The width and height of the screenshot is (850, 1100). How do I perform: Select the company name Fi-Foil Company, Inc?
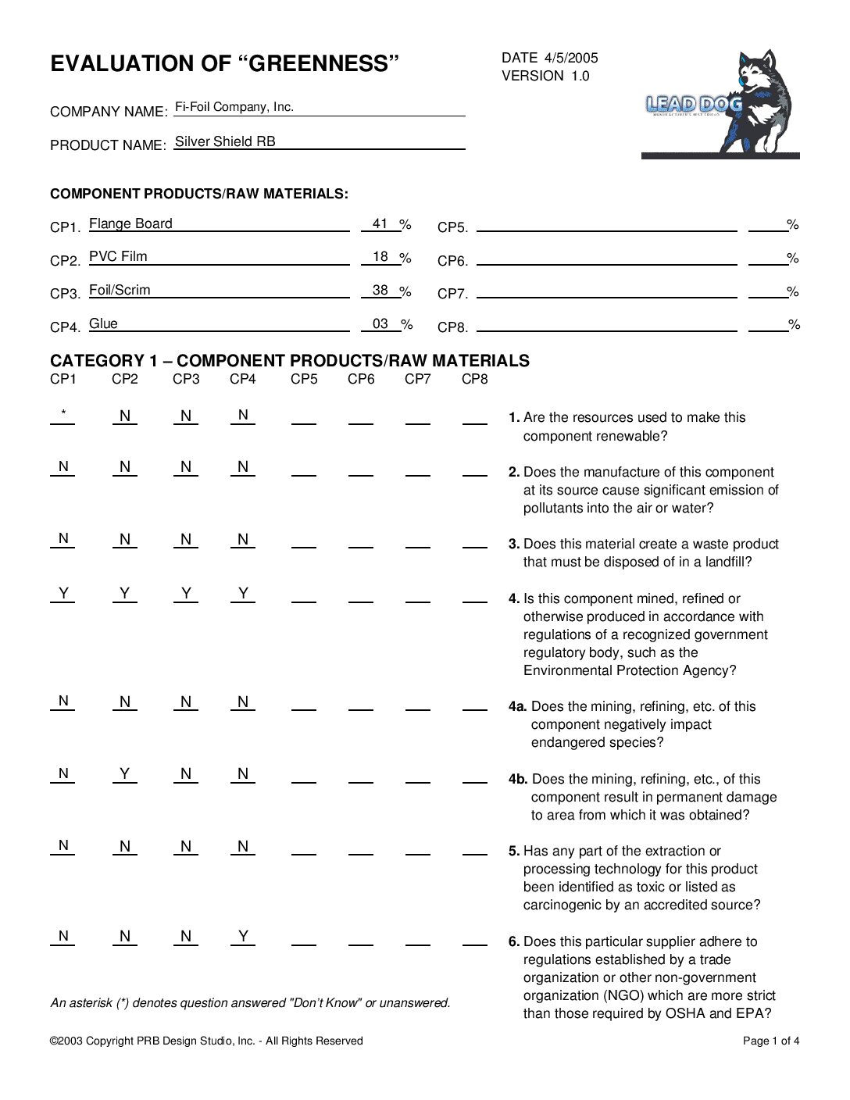234,107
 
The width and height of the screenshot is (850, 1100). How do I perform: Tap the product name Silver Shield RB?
225,141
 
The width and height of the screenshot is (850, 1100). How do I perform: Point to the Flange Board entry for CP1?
130,223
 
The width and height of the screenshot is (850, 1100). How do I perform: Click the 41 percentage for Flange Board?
380,223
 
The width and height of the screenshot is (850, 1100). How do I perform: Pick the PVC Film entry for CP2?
118,256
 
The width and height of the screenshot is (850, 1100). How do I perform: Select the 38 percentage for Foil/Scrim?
380,290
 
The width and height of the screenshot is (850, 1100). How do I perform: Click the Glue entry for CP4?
103,323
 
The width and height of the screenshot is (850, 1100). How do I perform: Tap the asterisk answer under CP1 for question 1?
63,414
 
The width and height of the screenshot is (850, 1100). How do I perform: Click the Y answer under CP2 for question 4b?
125,773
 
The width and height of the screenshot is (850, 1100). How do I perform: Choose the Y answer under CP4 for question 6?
243,936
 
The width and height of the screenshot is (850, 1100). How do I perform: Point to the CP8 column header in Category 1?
474,379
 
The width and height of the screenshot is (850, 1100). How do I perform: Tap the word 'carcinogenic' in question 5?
562,905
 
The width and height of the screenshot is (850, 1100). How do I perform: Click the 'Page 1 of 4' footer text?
770,1041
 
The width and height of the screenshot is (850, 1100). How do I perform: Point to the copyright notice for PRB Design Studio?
206,1041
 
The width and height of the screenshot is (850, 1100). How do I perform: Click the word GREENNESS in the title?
322,63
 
